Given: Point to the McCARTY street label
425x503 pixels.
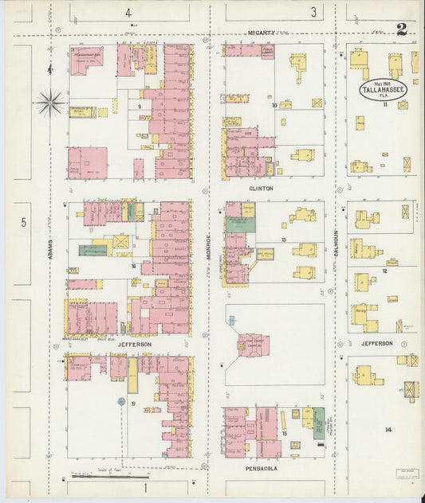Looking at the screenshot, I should (x=261, y=33).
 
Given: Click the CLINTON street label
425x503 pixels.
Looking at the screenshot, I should (x=261, y=189).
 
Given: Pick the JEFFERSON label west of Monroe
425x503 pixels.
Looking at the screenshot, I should (x=134, y=344).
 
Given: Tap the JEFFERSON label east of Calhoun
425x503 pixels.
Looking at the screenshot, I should (x=376, y=343).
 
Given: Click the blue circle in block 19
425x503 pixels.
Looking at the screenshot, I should (x=121, y=402).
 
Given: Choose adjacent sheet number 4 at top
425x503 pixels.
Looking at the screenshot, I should (x=127, y=12).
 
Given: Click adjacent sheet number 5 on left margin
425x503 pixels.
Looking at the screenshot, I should (x=23, y=222).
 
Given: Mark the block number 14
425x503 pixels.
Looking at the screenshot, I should (x=388, y=430).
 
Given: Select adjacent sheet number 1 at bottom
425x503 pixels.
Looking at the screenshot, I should (x=145, y=486).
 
